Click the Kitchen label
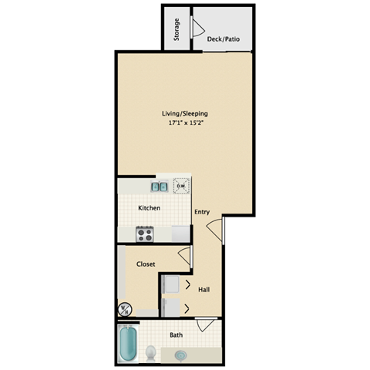[149, 208]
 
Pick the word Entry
[202, 212]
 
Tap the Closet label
[146, 264]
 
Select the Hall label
[204, 290]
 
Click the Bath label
[177, 335]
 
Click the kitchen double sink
[159, 186]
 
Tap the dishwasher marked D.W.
[181, 186]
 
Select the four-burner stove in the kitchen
[144, 232]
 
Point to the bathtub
[127, 344]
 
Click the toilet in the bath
[151, 352]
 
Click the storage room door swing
[198, 31]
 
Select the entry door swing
[217, 227]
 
